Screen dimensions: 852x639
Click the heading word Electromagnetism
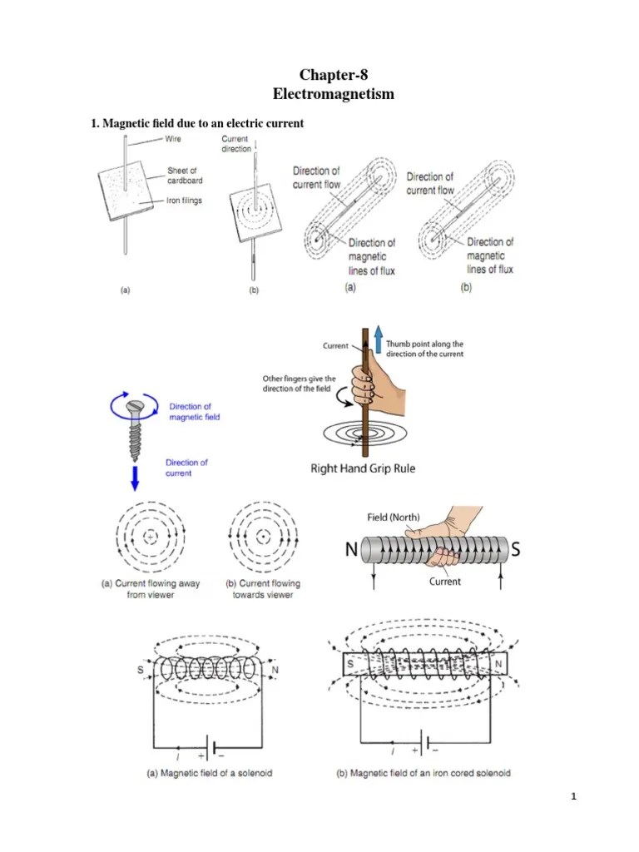coord(333,94)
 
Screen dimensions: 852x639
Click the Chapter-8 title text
coord(333,76)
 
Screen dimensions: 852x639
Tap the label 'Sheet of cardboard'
coord(185,175)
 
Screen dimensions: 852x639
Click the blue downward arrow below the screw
coord(136,478)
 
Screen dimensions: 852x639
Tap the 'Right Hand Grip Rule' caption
coord(363,468)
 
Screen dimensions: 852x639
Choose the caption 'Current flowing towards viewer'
coord(263,589)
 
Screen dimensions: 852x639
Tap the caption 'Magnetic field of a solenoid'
coord(209,773)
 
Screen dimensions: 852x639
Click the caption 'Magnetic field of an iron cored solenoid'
coord(424,773)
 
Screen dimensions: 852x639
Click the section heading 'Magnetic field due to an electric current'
coord(197,123)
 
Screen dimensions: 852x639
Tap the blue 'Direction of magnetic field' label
coord(195,412)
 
